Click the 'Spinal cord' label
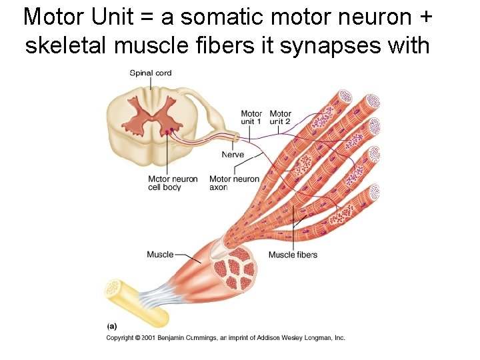click(151, 73)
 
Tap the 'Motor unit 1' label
click(251, 118)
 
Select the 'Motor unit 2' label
click(280, 118)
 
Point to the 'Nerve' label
click(233, 155)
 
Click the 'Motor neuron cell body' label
click(172, 183)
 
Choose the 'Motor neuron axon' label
click(234, 183)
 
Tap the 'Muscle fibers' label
click(293, 255)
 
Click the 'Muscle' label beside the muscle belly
click(160, 254)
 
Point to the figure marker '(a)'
click(112, 326)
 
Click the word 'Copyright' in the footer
click(121, 338)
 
